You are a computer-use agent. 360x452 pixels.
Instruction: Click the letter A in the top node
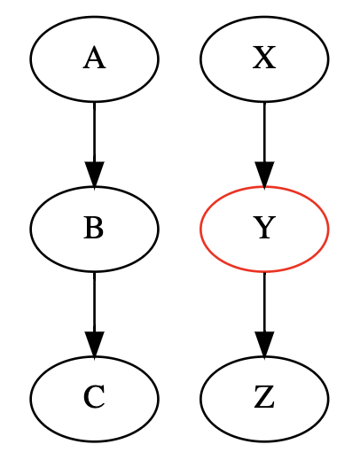94,58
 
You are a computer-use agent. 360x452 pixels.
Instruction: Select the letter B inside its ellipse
94,228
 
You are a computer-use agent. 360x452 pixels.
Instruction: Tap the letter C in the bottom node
94,397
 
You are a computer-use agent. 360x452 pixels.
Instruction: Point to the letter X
264,58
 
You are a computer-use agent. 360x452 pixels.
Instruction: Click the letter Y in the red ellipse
264,228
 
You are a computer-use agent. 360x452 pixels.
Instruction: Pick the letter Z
264,397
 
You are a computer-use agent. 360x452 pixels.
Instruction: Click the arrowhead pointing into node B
94,175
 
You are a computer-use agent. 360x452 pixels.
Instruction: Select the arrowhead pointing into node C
94,344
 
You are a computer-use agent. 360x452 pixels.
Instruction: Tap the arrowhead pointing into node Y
264,175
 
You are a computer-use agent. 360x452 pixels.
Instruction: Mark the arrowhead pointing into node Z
264,344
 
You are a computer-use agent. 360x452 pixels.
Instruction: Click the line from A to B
94,132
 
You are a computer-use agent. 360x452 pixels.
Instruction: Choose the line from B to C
94,301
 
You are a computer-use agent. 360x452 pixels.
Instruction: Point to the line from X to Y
264,132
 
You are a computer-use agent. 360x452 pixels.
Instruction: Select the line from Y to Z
264,301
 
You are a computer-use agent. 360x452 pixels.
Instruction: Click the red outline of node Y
200,229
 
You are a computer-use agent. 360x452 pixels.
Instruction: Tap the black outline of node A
30,59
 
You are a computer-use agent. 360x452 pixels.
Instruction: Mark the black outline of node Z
200,399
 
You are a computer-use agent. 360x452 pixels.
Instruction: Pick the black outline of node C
30,399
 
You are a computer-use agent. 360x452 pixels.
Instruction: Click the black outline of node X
200,59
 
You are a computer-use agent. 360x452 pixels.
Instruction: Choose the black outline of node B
30,229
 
